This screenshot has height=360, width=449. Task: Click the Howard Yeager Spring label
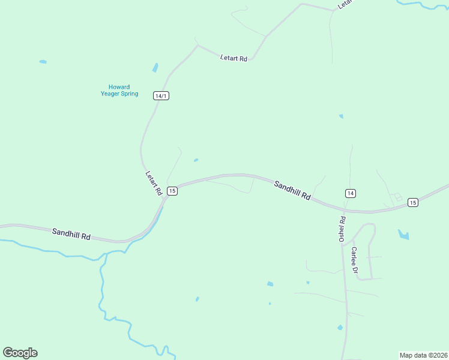click(x=119, y=91)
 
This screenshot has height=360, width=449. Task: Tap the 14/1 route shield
click(x=161, y=96)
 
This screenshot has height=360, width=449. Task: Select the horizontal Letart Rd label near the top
click(x=234, y=58)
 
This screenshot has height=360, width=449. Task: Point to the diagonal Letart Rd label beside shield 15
click(x=154, y=183)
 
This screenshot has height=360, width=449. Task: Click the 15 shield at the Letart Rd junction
click(x=172, y=191)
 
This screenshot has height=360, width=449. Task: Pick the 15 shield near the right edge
click(x=412, y=202)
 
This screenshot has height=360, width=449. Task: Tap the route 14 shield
click(x=351, y=193)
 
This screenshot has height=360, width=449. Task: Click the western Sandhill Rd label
click(x=71, y=234)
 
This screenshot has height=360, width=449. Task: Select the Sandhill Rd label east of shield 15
click(x=292, y=190)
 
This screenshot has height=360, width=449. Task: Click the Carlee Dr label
click(x=355, y=260)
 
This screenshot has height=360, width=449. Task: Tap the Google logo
click(x=20, y=353)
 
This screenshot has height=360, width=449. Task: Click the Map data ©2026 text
click(x=423, y=355)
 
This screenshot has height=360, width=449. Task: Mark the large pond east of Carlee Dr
click(x=403, y=234)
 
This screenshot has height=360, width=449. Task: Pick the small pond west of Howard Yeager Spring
click(x=43, y=61)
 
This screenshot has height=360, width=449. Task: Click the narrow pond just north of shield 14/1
click(x=155, y=67)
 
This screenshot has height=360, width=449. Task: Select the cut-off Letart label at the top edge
click(x=343, y=4)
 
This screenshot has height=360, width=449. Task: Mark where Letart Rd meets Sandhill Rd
click(x=165, y=198)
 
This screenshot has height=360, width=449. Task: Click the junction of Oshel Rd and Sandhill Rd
click(x=345, y=211)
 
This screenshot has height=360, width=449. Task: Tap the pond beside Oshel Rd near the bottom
click(x=340, y=328)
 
